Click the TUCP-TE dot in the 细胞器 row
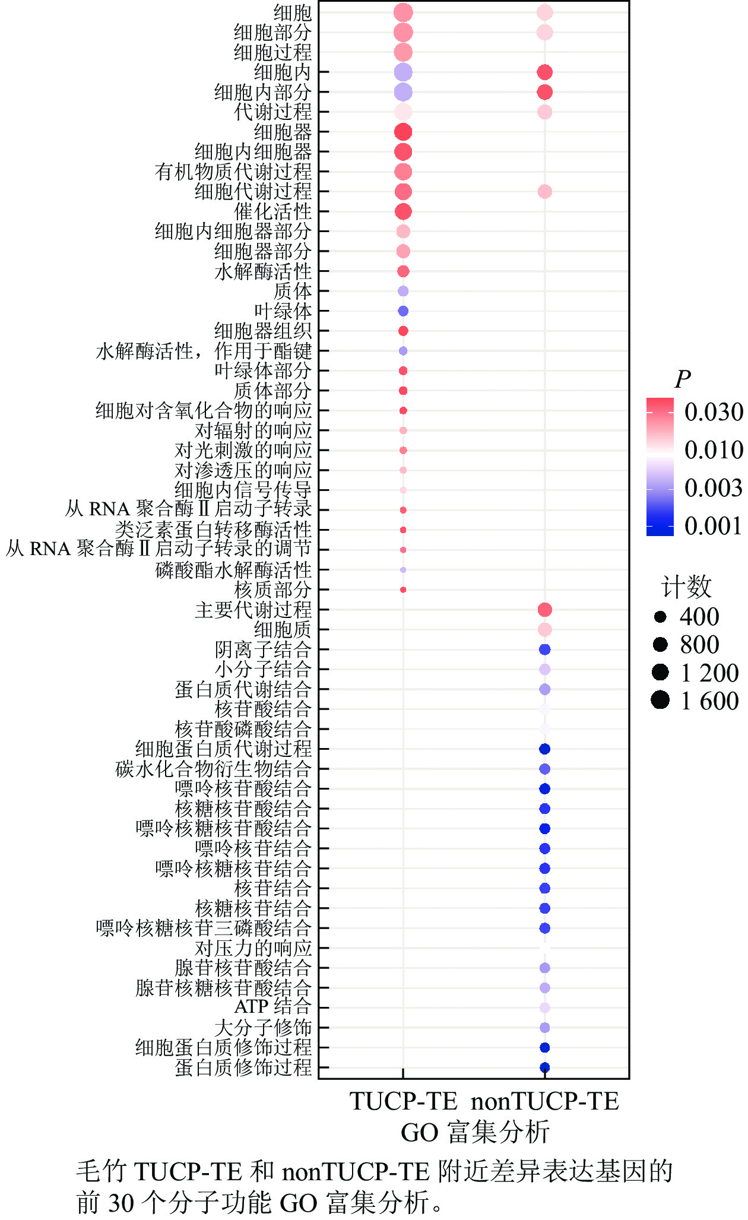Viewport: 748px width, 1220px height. click(x=403, y=132)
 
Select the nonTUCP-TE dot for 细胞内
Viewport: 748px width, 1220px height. click(x=544, y=72)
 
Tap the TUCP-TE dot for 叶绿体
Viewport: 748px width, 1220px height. click(x=403, y=311)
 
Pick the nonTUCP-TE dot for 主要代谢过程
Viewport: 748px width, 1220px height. click(x=544, y=610)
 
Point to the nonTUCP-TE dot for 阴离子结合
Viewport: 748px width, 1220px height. click(x=544, y=649)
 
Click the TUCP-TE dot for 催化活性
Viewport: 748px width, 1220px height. click(x=403, y=211)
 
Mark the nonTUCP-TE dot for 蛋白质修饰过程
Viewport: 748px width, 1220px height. click(x=544, y=1067)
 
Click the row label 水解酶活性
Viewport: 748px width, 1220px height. click(x=263, y=271)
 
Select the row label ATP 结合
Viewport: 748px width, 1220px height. click(x=272, y=1007)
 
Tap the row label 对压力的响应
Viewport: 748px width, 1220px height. click(x=253, y=948)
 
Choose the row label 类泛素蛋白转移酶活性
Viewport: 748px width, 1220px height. click(x=213, y=530)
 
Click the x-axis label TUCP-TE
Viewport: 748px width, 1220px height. click(x=403, y=1101)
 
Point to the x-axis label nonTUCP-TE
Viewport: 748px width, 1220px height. click(x=544, y=1101)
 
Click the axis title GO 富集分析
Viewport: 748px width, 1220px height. click(x=475, y=1132)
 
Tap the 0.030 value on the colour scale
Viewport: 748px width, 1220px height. click(x=714, y=412)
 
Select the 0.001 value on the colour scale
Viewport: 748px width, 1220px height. click(x=714, y=526)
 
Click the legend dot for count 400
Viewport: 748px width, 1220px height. click(x=660, y=617)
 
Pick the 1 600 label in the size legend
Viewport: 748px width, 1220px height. click(x=709, y=701)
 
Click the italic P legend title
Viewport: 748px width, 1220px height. click(x=683, y=379)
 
